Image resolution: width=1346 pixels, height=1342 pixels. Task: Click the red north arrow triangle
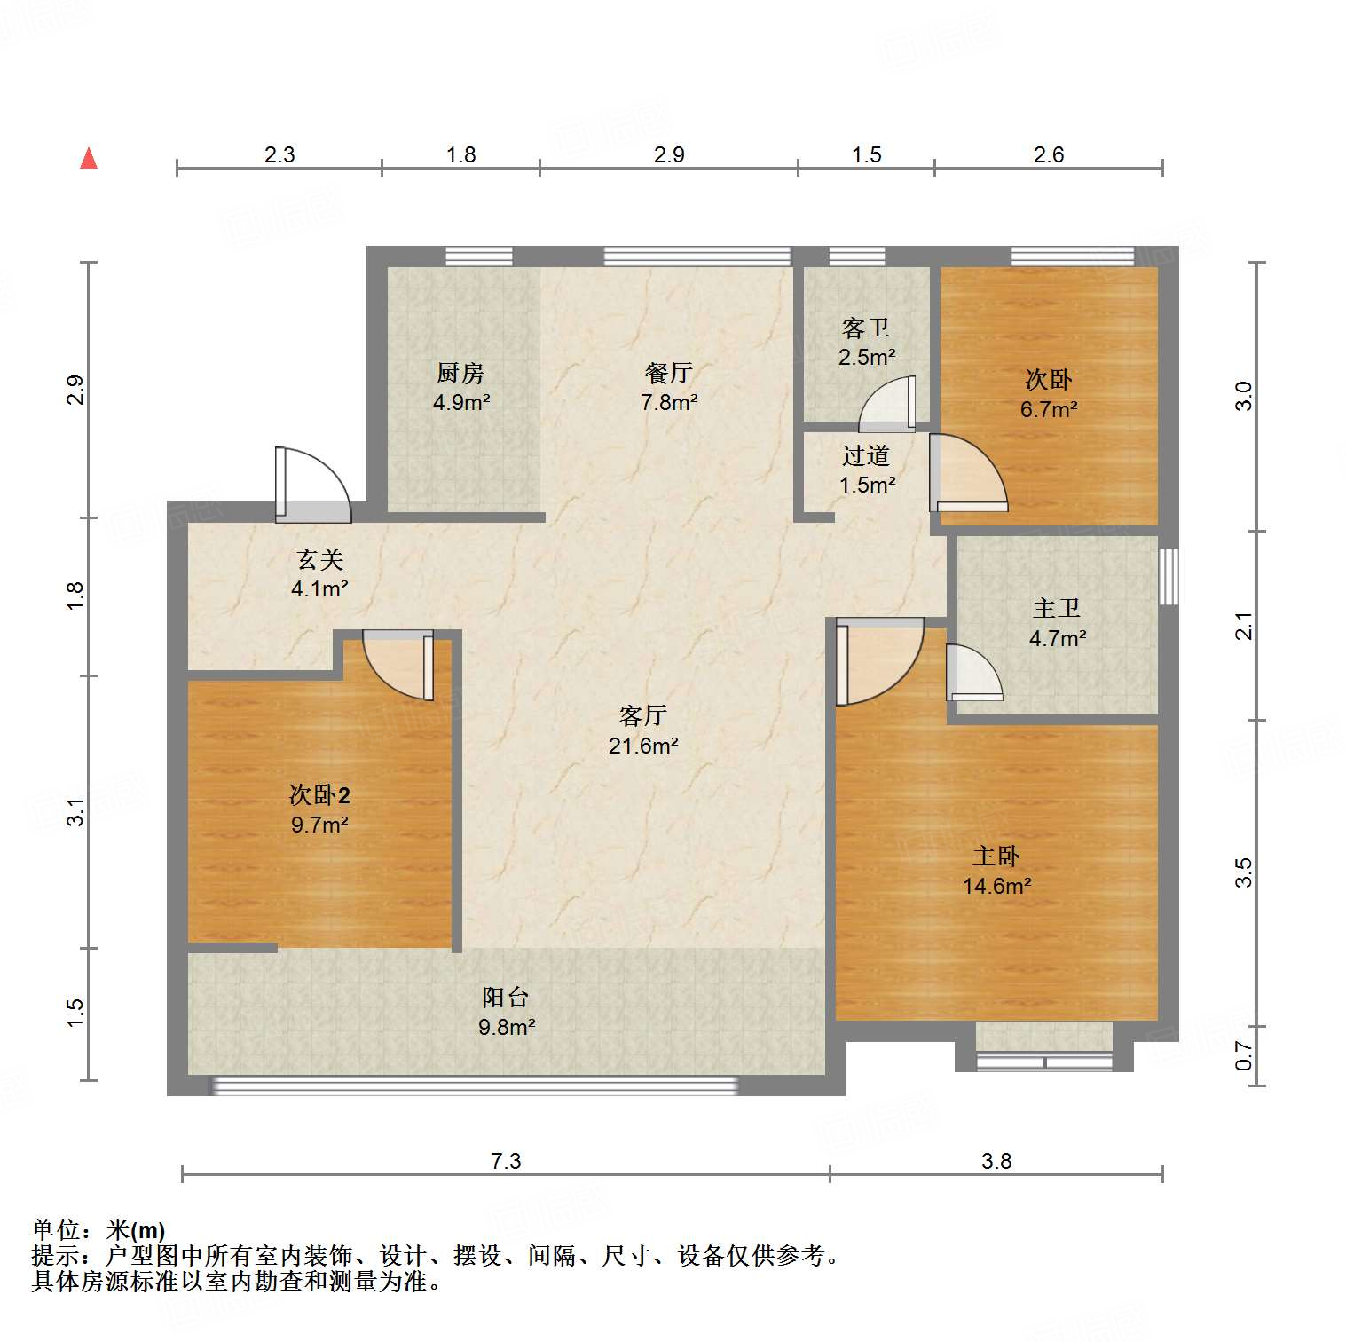pos(89,159)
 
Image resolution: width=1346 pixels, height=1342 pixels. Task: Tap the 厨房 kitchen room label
pos(460,374)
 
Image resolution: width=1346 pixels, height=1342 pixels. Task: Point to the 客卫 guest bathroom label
pos(866,328)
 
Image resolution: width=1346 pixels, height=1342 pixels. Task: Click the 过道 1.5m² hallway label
pos(867,470)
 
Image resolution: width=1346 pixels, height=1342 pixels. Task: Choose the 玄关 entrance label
pos(319,560)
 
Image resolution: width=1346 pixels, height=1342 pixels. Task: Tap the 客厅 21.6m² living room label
pos(643,730)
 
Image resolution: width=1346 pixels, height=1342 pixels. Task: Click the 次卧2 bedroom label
pos(319,795)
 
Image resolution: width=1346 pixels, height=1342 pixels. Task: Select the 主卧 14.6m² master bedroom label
pos(996,871)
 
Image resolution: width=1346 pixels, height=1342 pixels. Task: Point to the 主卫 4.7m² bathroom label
pos(1057,622)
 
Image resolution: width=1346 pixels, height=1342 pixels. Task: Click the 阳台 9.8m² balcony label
pos(506,1012)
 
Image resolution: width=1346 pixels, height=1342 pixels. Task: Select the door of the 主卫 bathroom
pos(973,673)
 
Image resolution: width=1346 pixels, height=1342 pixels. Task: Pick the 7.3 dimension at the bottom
pos(506,1161)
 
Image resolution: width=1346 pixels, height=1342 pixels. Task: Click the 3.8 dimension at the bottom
pos(996,1161)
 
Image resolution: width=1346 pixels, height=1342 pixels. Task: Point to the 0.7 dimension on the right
pos(1244,1055)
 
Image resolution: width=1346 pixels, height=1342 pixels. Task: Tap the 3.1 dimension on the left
pos(76,812)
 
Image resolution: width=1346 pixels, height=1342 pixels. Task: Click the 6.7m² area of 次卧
pos(1049,409)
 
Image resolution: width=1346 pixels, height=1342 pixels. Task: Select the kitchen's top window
pos(479,257)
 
